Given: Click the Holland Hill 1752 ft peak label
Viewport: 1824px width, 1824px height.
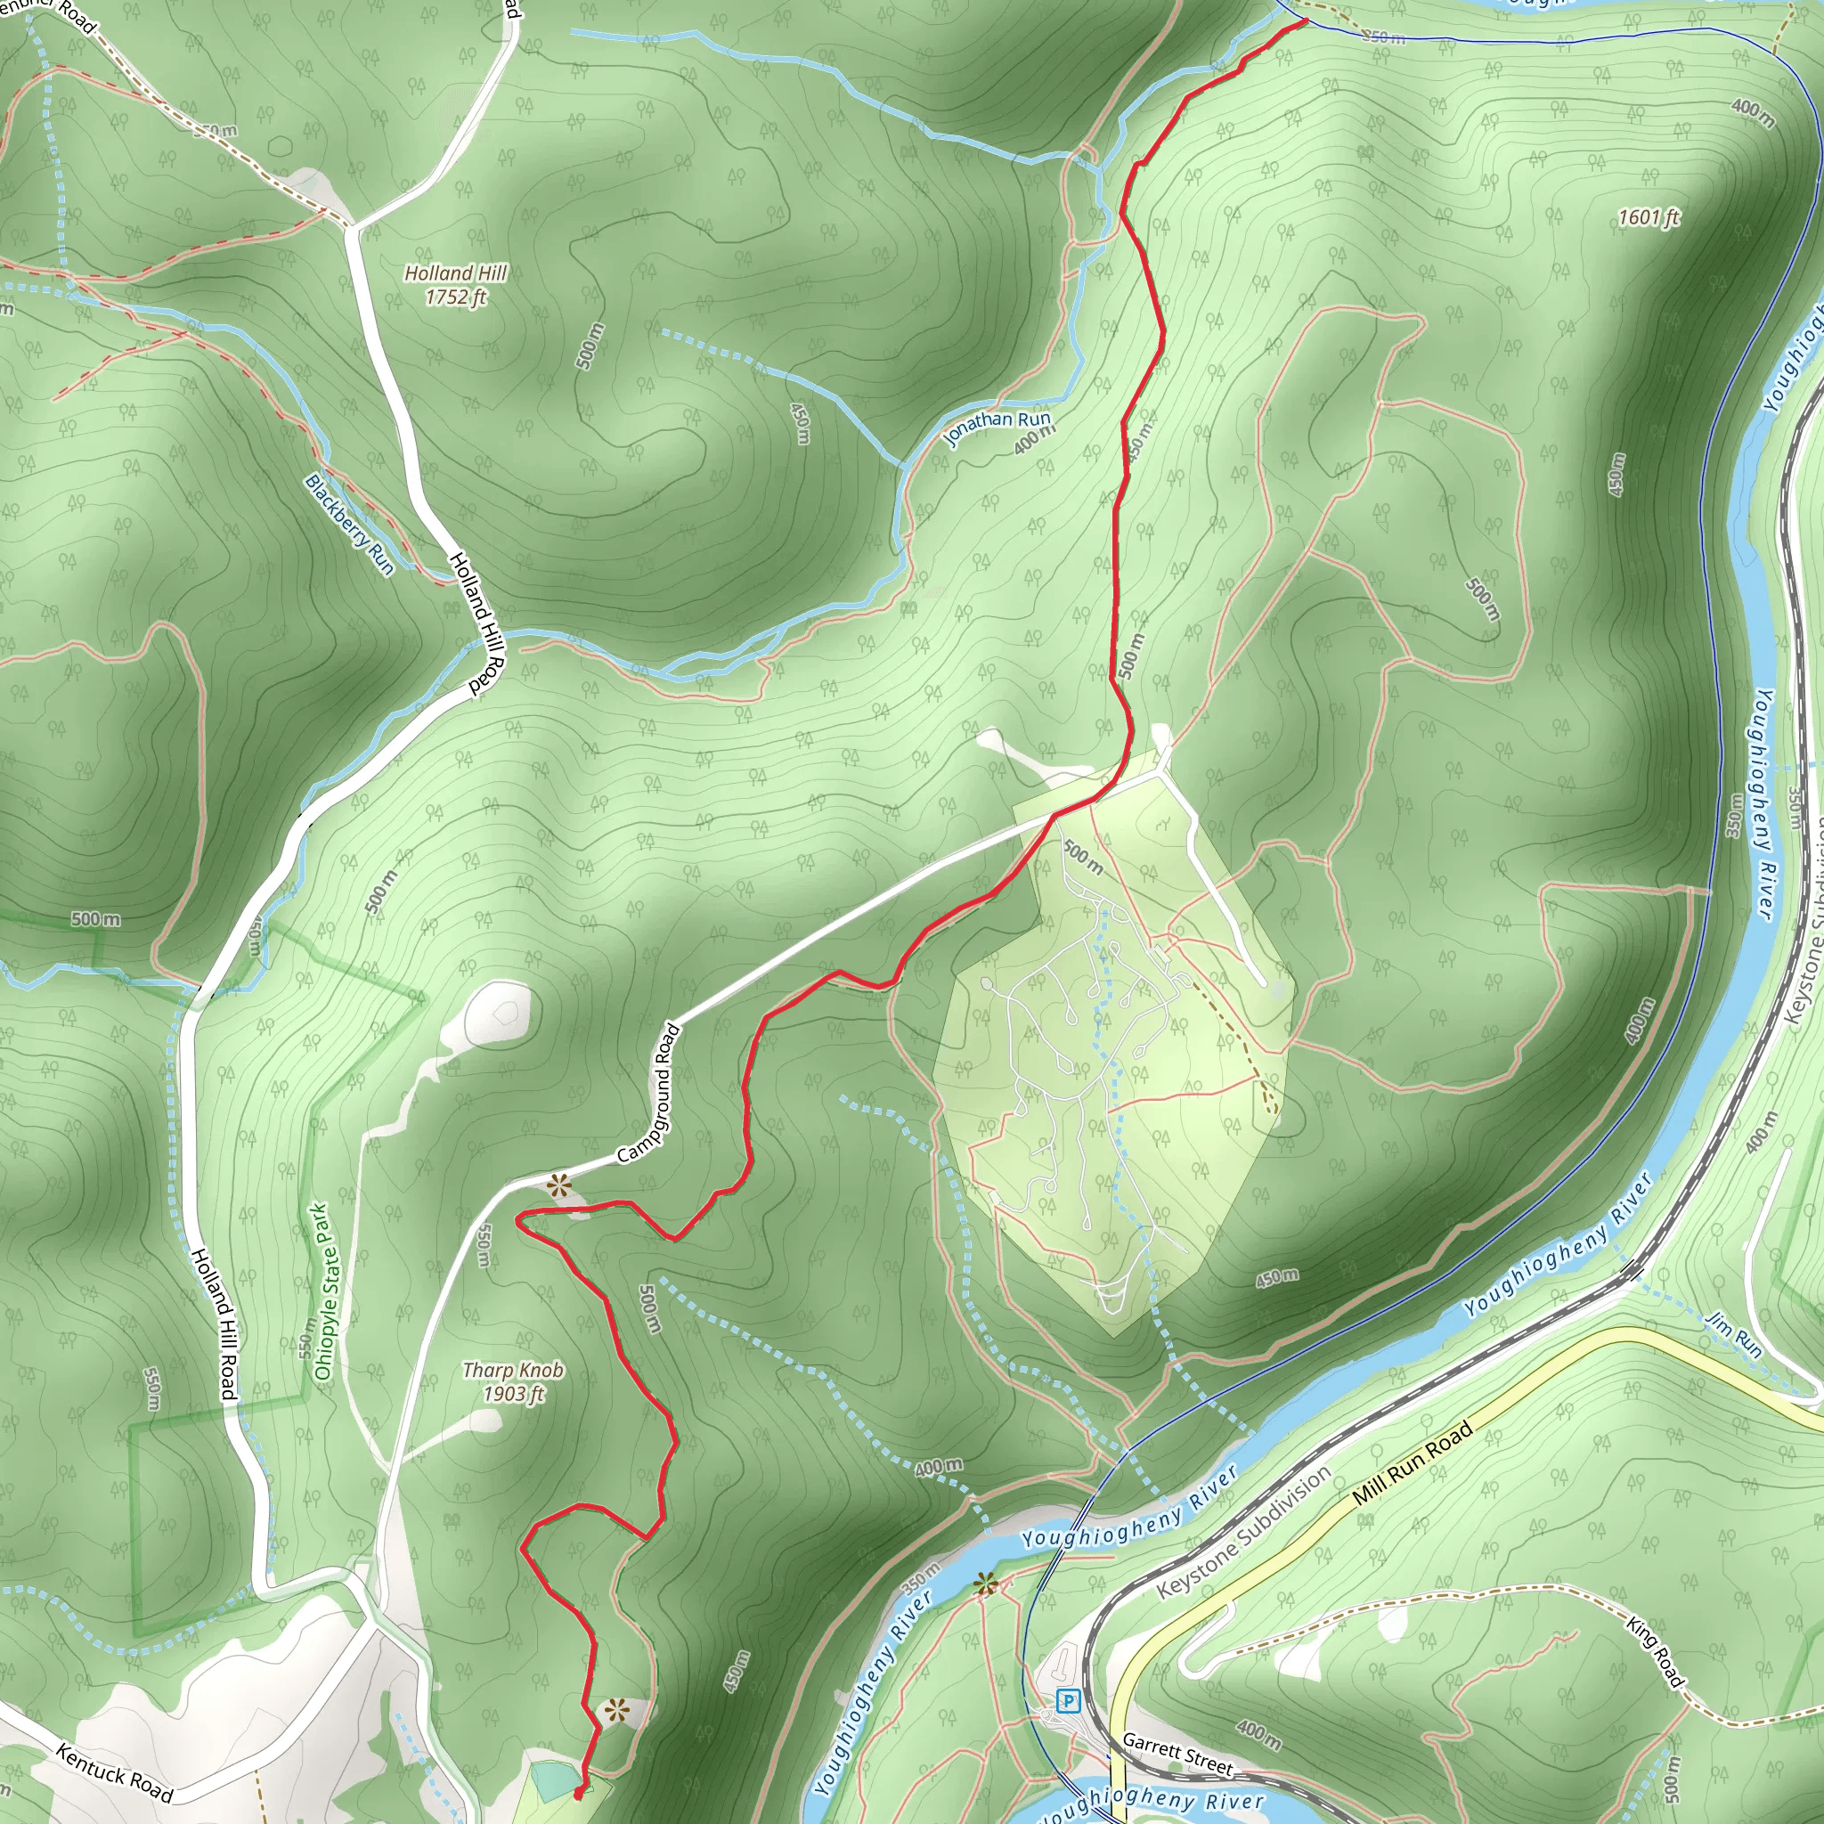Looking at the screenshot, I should point(456,285).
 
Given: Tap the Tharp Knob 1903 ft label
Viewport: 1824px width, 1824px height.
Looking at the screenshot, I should point(513,1382).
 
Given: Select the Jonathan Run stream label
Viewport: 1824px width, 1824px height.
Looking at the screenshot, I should point(997,427).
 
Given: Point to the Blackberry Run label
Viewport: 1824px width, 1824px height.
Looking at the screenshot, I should point(348,524).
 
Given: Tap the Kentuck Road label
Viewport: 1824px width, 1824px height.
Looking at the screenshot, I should point(114,1772).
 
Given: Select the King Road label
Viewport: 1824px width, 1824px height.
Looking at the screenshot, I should point(1655,1651).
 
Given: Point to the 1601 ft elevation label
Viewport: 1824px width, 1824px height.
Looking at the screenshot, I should point(1649,218).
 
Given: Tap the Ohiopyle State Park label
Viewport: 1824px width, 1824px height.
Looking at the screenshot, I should point(324,1291).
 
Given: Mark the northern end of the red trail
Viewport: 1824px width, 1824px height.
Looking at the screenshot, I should point(1306,20).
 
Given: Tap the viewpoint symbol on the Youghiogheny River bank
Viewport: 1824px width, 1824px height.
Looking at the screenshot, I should point(986,1584).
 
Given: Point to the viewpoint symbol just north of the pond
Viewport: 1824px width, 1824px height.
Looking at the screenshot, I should point(615,1708).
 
